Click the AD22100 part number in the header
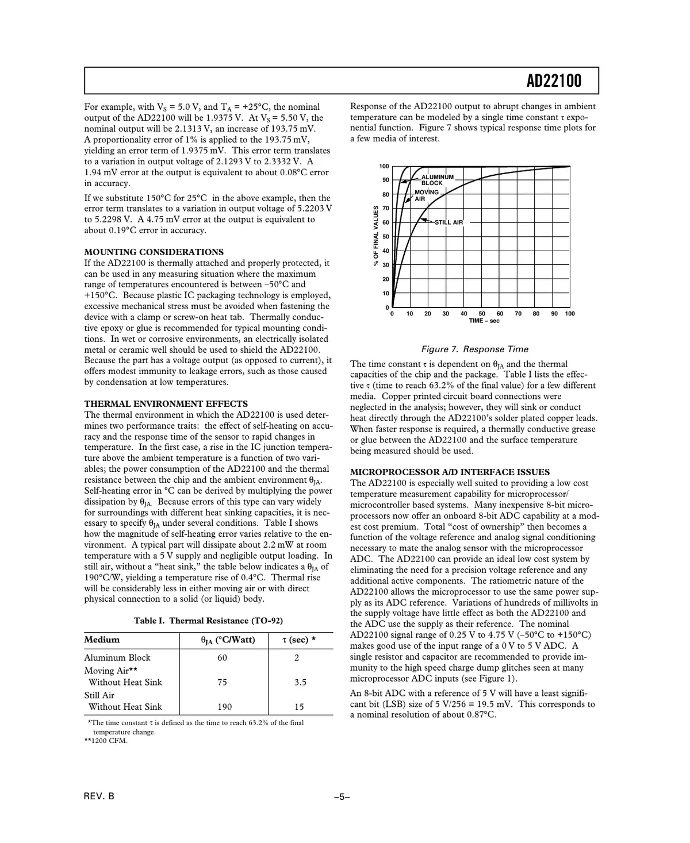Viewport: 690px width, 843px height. pyautogui.click(x=554, y=81)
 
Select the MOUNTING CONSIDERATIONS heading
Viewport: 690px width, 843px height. pyautogui.click(x=154, y=252)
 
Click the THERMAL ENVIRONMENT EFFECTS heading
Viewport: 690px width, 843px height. pyautogui.click(x=166, y=404)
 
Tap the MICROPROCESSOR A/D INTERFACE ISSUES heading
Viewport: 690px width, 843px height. pyautogui.click(x=450, y=472)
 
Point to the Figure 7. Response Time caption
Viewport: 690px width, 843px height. pyautogui.click(x=474, y=349)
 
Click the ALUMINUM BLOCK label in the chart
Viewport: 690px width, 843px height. pyautogui.click(x=437, y=180)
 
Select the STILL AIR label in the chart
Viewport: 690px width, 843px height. pyautogui.click(x=448, y=222)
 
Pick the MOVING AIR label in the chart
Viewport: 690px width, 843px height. pyautogui.click(x=426, y=195)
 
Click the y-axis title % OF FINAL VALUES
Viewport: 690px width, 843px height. pyautogui.click(x=375, y=236)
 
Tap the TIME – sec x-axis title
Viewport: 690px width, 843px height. pyautogui.click(x=484, y=321)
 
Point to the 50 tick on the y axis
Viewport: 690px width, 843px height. pyautogui.click(x=385, y=237)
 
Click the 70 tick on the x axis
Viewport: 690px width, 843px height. pyautogui.click(x=518, y=314)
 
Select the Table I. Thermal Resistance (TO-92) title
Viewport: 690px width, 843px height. pyautogui.click(x=208, y=621)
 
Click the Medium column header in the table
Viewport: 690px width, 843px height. pyautogui.click(x=102, y=640)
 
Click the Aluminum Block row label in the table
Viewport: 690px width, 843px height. pyautogui.click(x=117, y=658)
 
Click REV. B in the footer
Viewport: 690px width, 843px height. pyautogui.click(x=99, y=796)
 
